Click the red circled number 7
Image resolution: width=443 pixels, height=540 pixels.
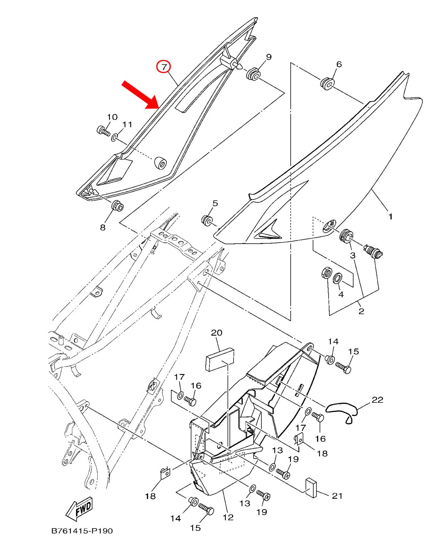[x=164, y=67]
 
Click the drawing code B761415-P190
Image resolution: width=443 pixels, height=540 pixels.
[x=82, y=531]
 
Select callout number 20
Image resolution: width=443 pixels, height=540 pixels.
[x=216, y=333]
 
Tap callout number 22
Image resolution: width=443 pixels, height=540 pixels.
[x=377, y=400]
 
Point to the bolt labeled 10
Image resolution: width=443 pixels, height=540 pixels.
[x=103, y=130]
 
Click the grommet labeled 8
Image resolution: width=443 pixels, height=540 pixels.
[x=118, y=206]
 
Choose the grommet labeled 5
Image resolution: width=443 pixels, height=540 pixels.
[x=206, y=220]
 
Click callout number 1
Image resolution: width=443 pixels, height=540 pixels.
[x=390, y=216]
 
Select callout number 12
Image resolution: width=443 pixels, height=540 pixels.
[x=228, y=517]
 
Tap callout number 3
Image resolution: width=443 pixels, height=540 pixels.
[x=353, y=255]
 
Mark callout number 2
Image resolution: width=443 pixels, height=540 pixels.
[x=361, y=311]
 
